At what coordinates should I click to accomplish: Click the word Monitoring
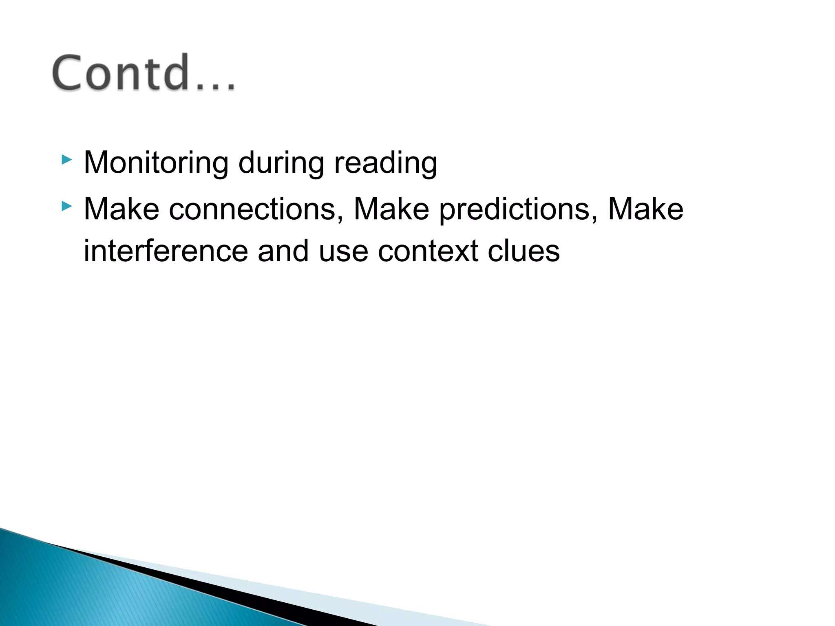click(156, 163)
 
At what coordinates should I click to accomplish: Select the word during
click(281, 162)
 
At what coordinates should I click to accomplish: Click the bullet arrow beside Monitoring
click(66, 159)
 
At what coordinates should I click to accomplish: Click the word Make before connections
click(121, 209)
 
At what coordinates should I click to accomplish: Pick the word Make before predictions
click(391, 209)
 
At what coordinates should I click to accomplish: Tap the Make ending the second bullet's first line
click(645, 209)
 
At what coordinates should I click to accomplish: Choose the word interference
click(166, 251)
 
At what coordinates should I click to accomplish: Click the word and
click(283, 251)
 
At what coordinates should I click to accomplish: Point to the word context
click(428, 251)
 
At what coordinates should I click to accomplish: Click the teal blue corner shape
click(82, 591)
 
